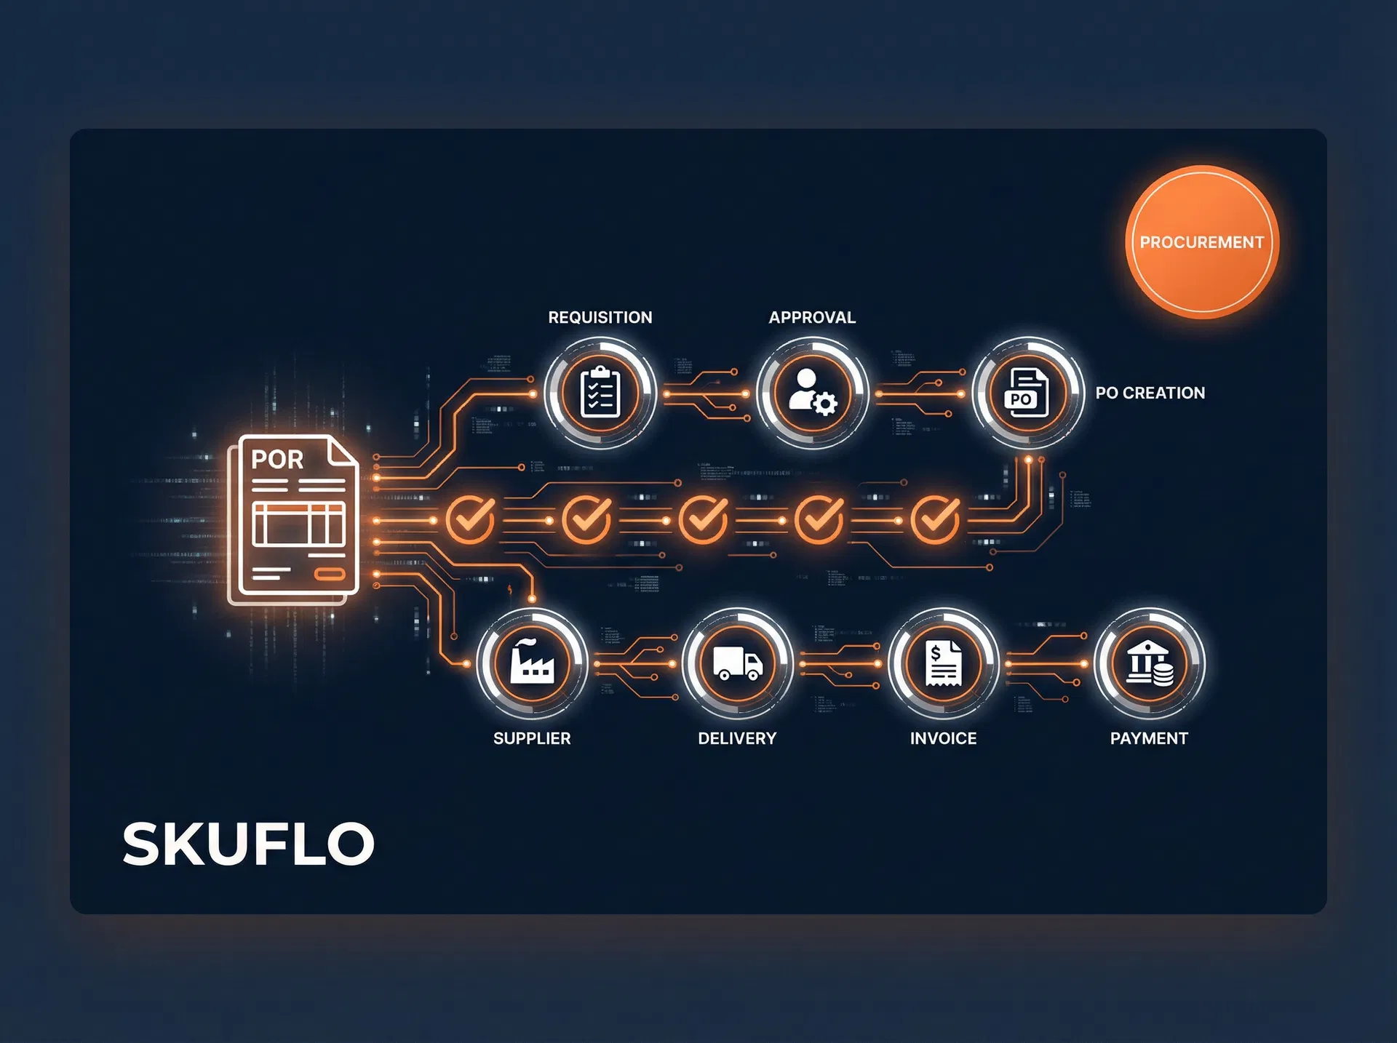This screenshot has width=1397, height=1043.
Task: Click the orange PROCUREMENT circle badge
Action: [x=1201, y=242]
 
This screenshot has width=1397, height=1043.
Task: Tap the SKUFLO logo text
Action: [x=248, y=844]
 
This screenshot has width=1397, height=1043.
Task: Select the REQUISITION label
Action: [x=600, y=317]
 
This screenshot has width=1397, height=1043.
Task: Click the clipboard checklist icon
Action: [x=600, y=393]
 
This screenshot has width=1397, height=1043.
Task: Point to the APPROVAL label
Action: [x=812, y=317]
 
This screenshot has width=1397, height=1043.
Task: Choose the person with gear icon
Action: [x=813, y=393]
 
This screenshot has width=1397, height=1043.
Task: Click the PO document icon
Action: [x=1027, y=393]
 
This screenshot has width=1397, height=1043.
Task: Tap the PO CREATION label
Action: [x=1150, y=393]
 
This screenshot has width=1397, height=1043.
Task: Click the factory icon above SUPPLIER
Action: [x=532, y=663]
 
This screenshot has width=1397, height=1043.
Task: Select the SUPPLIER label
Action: [x=532, y=738]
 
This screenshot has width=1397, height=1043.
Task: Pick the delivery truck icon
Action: [x=737, y=663]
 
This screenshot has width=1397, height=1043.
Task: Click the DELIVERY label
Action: [x=737, y=738]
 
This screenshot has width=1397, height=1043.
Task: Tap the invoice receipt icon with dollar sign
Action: [x=943, y=663]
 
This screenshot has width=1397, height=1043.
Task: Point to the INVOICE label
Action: [x=943, y=738]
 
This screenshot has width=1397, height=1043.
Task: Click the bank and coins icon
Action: [x=1150, y=663]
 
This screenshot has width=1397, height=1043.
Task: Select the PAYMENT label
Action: [x=1149, y=738]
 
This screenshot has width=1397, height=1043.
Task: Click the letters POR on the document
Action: [x=277, y=460]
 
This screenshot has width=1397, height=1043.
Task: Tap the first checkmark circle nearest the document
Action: [x=470, y=519]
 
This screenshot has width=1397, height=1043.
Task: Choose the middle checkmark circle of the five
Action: [x=703, y=519]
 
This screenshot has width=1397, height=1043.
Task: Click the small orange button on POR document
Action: [x=329, y=575]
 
